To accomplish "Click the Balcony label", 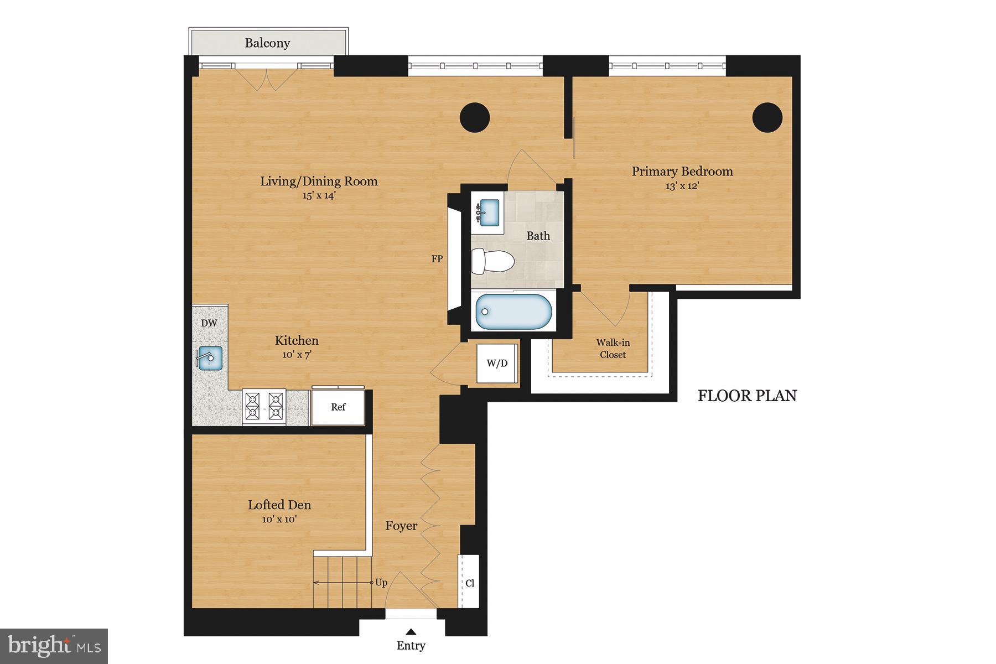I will [267, 43].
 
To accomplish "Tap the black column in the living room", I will [475, 117].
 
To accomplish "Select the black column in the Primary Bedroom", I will [767, 117].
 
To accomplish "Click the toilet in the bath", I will [492, 261].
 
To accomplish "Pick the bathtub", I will [513, 312].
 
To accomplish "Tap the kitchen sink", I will [209, 357].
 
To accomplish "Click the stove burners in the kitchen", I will [264, 406].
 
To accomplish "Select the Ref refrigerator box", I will [338, 407].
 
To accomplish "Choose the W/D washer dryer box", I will [497, 364].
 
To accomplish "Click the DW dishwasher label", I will [209, 323].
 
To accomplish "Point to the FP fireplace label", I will [437, 258].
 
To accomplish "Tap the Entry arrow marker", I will [411, 632].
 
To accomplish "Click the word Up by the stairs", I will [381, 583].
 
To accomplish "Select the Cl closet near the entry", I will [469, 583].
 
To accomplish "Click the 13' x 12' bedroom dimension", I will [682, 186].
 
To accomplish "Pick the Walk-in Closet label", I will [613, 349].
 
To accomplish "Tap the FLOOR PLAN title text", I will [747, 396].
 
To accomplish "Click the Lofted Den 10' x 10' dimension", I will [279, 519].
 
